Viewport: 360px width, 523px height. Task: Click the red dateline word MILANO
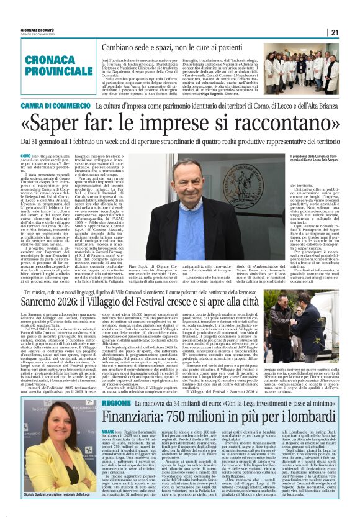tap(109, 430)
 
